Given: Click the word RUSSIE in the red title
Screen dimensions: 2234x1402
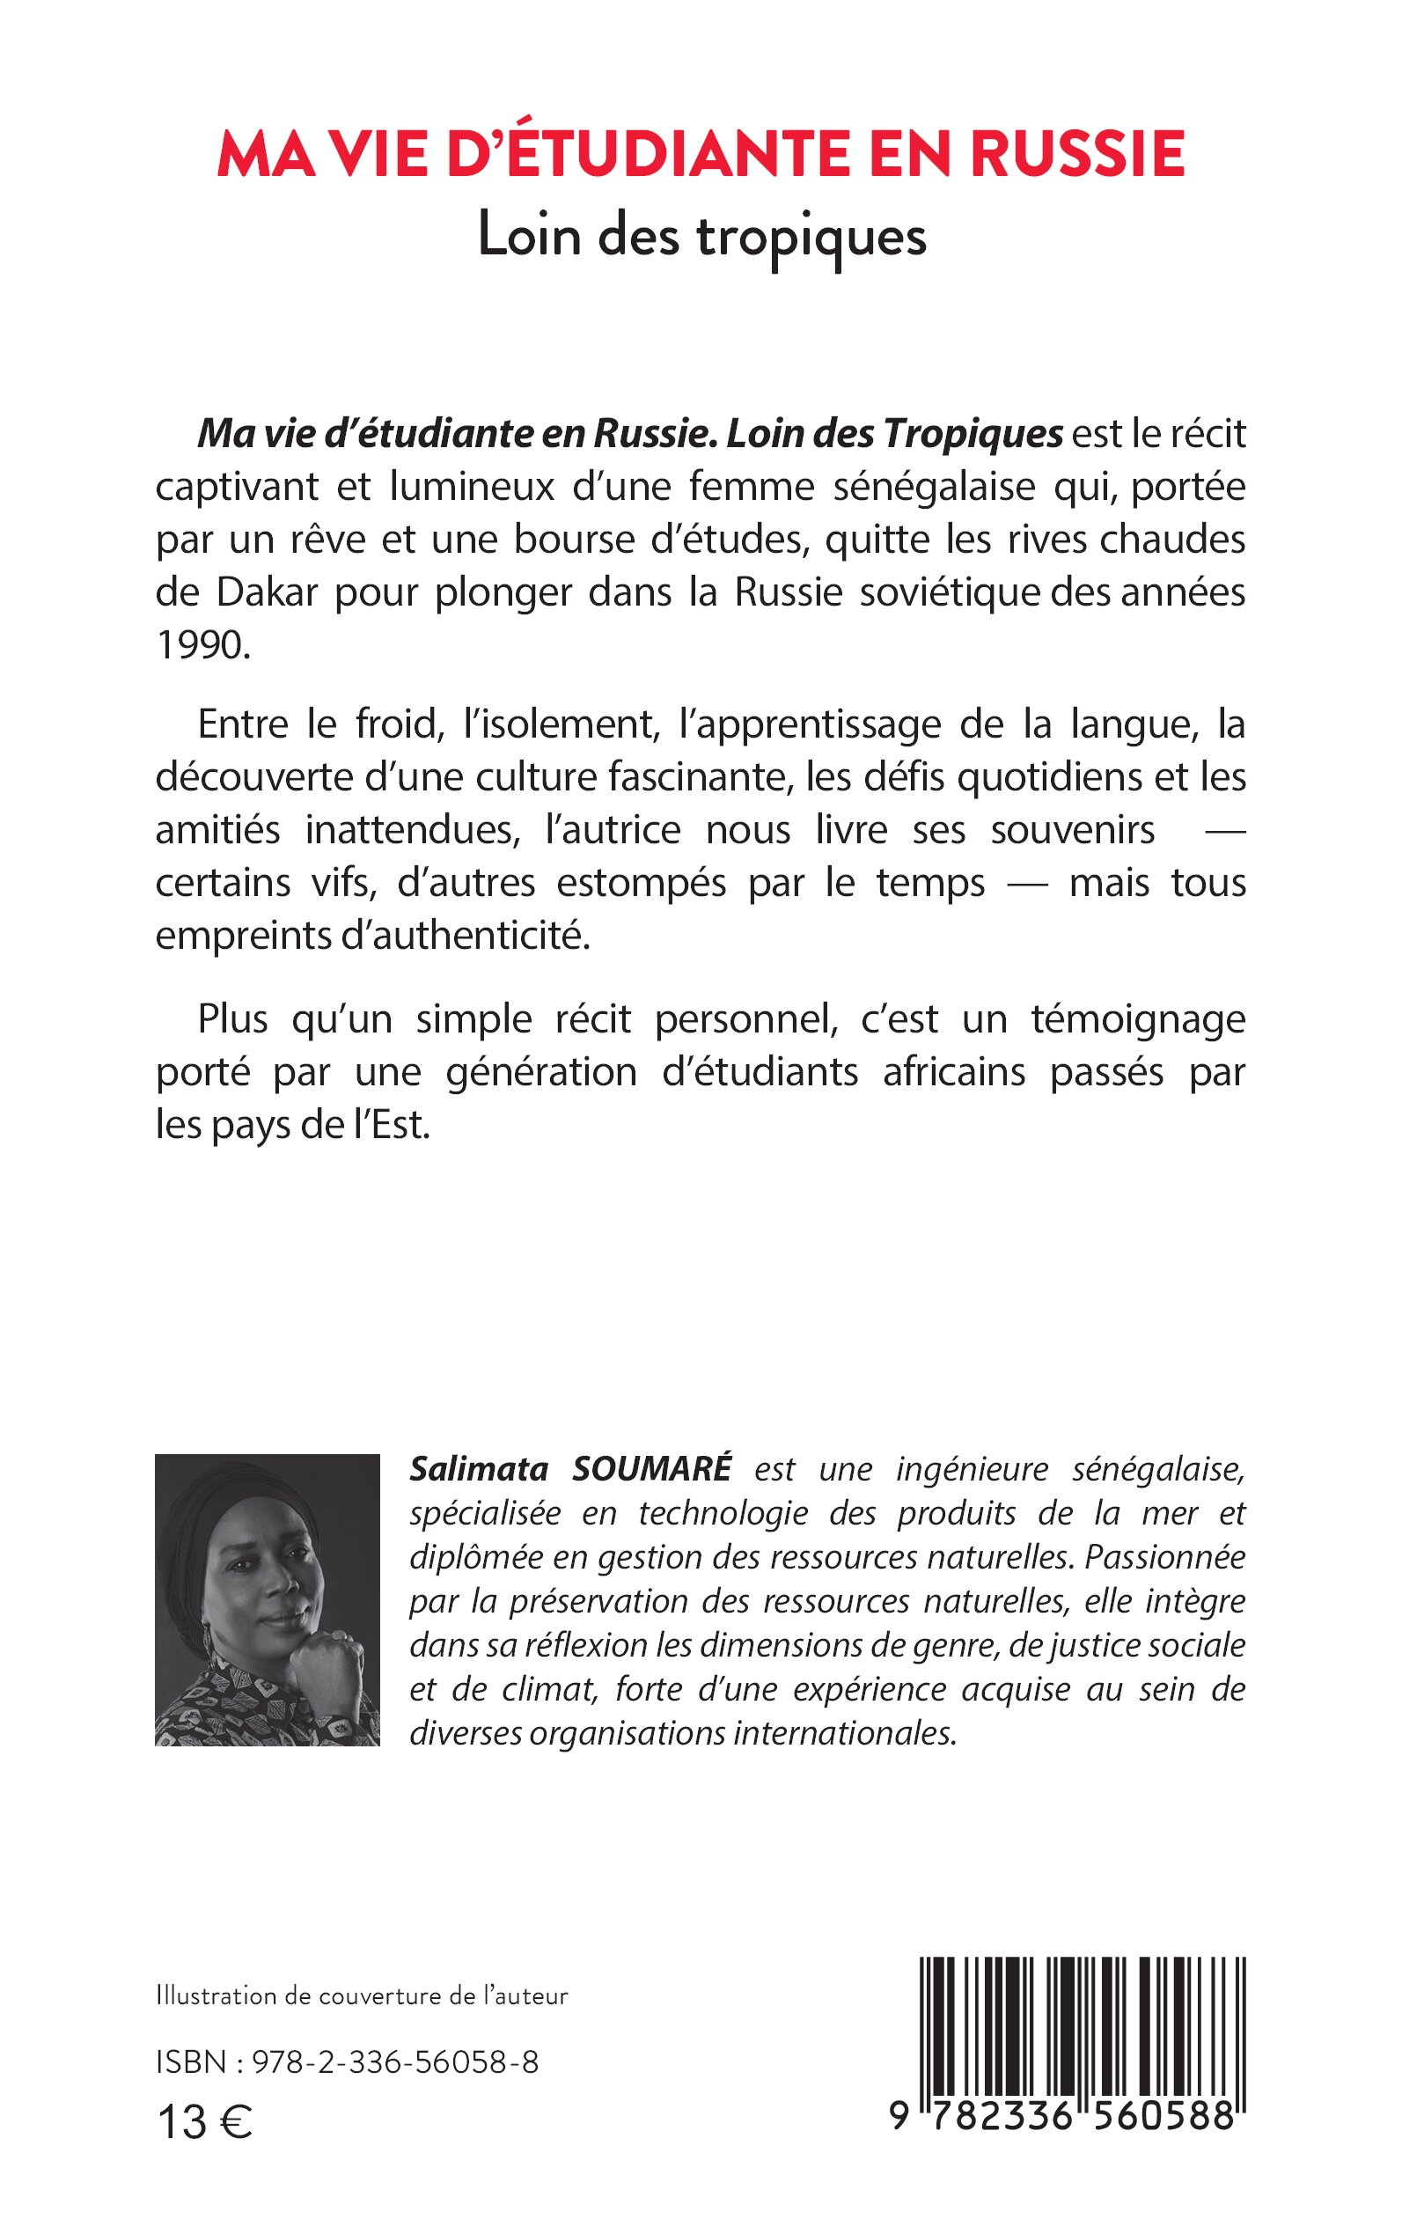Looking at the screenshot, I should [1077, 154].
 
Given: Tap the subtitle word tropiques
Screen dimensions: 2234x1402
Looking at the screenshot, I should [811, 239].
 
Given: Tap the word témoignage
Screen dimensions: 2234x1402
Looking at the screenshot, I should [1138, 1019].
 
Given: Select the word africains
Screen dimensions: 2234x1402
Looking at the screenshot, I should [955, 1072].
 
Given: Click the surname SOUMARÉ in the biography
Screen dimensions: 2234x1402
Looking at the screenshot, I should [652, 1469].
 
